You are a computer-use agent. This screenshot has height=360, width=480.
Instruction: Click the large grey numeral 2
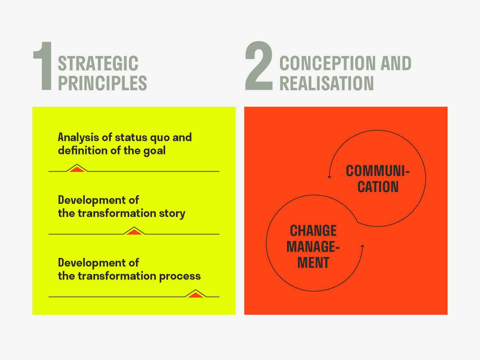[x=259, y=65]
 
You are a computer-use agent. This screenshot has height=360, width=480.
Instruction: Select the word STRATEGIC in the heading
[x=98, y=63]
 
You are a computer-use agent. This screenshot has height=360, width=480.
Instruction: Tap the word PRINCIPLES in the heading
[x=103, y=83]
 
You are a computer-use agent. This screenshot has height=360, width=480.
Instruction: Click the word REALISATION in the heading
[x=327, y=83]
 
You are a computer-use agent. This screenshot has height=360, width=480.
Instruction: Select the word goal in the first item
[x=154, y=151]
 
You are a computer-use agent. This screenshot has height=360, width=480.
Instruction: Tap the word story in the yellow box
[x=172, y=214]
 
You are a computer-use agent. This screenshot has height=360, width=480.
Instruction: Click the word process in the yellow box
[x=180, y=276]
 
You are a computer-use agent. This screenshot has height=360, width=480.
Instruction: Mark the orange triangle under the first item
[x=77, y=169]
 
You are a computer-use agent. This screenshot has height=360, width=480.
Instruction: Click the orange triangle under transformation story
[x=134, y=232]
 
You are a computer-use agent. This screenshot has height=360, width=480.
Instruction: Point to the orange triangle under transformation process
[x=196, y=295]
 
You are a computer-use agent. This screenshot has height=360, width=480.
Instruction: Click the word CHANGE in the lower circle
[x=313, y=231]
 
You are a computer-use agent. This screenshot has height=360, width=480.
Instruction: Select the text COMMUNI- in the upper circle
[x=378, y=171]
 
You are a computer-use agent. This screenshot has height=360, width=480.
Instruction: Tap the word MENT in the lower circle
[x=313, y=263]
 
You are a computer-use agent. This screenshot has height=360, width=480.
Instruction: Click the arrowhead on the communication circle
[x=329, y=177]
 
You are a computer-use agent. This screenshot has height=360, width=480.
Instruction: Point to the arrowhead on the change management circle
[x=362, y=246]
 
